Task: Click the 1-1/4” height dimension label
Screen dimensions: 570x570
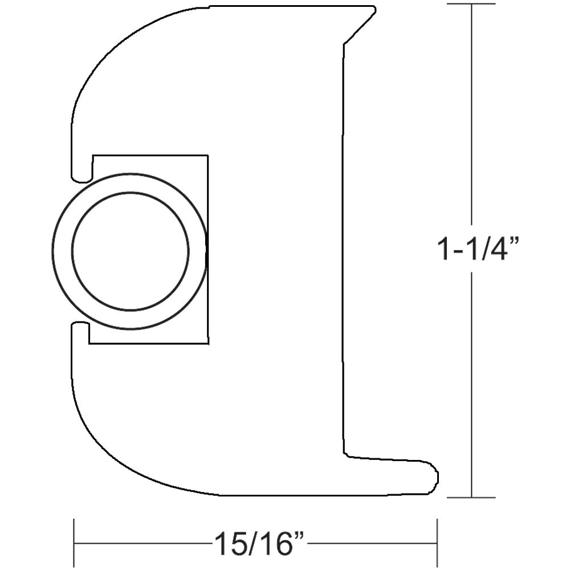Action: (478, 249)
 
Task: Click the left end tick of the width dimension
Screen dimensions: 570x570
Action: (74, 543)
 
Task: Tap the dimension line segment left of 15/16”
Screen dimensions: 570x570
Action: (142, 543)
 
